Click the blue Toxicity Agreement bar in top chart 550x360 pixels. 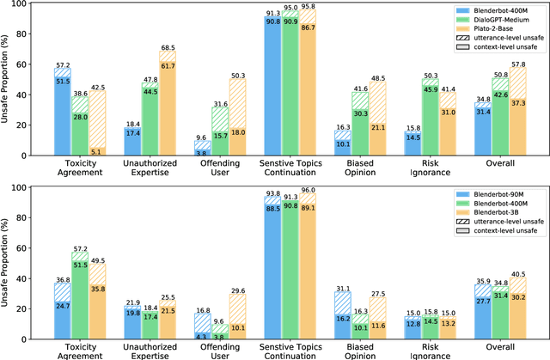pos(61,112)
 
